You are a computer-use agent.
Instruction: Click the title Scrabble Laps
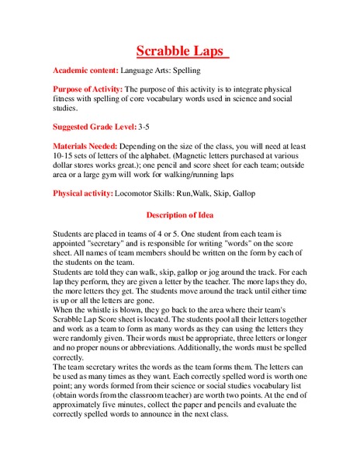(181, 51)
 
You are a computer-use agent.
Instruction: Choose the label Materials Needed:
(87, 145)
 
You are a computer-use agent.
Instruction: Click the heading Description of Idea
(180, 214)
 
